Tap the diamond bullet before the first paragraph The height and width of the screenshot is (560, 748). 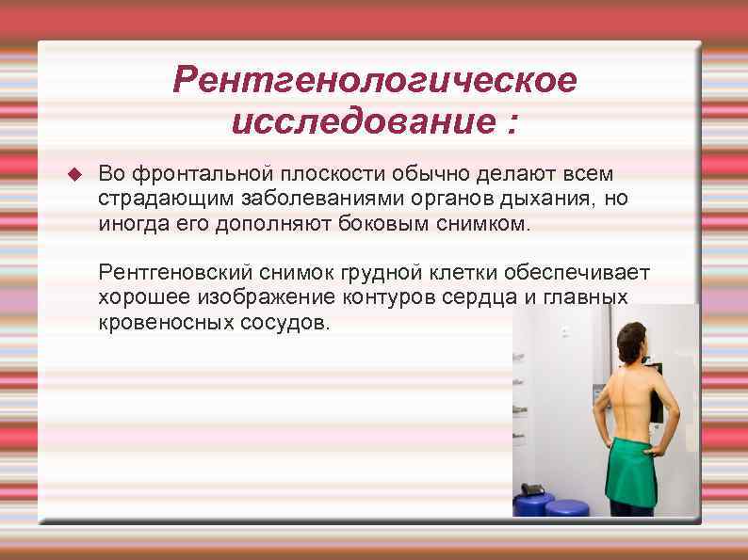coord(76,174)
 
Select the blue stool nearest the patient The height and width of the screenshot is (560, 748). coord(567,507)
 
